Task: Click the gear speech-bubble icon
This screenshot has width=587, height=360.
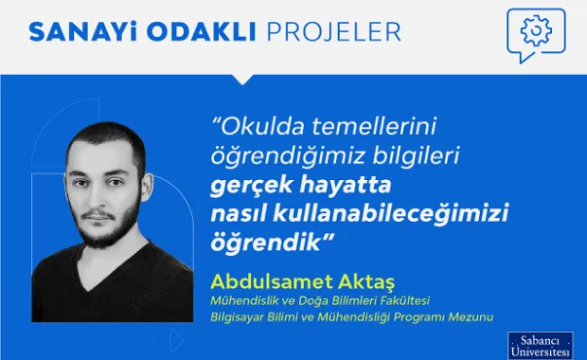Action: [536, 32]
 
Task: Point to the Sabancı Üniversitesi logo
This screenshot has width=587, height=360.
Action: [541, 345]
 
